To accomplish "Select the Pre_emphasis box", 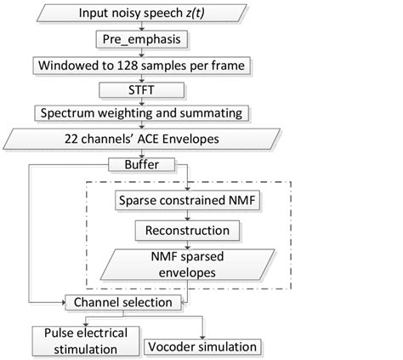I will tap(139, 39).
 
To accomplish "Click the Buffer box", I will tap(139, 163).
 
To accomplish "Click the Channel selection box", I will tap(124, 302).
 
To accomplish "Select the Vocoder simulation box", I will tap(201, 346).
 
